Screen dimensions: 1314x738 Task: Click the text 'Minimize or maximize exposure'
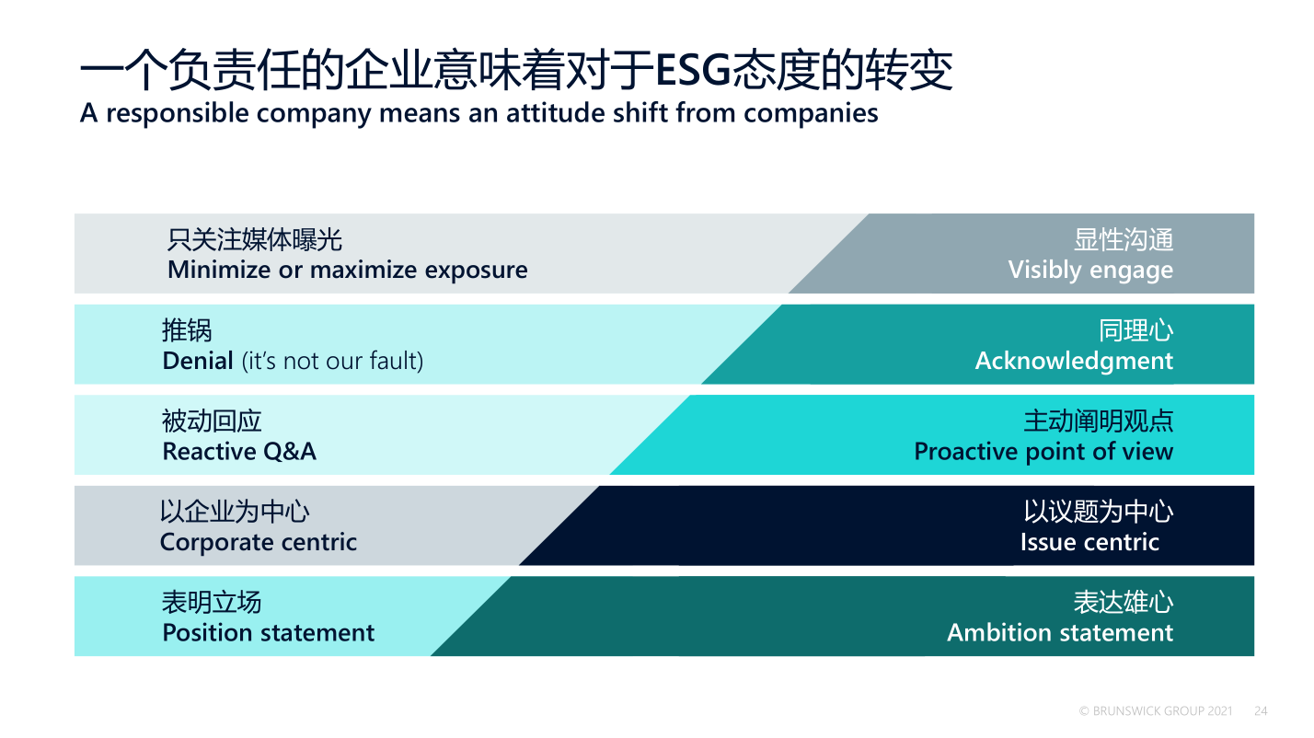(x=347, y=271)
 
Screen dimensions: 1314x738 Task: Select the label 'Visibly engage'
(x=1090, y=271)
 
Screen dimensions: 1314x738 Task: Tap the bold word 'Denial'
(x=198, y=361)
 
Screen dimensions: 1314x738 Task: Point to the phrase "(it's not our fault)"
(x=332, y=362)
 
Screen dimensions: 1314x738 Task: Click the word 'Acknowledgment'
(x=1074, y=362)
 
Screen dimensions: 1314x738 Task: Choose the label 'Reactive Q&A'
(x=239, y=452)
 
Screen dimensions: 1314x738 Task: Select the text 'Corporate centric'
(x=258, y=542)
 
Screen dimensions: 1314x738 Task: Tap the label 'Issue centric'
(x=1089, y=542)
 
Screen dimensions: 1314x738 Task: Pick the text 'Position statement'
(x=268, y=633)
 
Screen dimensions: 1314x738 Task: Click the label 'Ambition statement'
(x=1060, y=633)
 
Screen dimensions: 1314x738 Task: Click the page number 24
(x=1261, y=711)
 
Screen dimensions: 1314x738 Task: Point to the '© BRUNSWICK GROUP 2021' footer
(x=1156, y=711)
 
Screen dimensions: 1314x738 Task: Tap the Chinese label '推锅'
(x=187, y=330)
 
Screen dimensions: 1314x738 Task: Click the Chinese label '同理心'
(x=1136, y=330)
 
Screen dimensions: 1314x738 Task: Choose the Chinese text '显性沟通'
(x=1124, y=240)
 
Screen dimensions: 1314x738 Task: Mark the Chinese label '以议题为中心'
(x=1099, y=512)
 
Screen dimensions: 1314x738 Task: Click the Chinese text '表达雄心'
(x=1124, y=603)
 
